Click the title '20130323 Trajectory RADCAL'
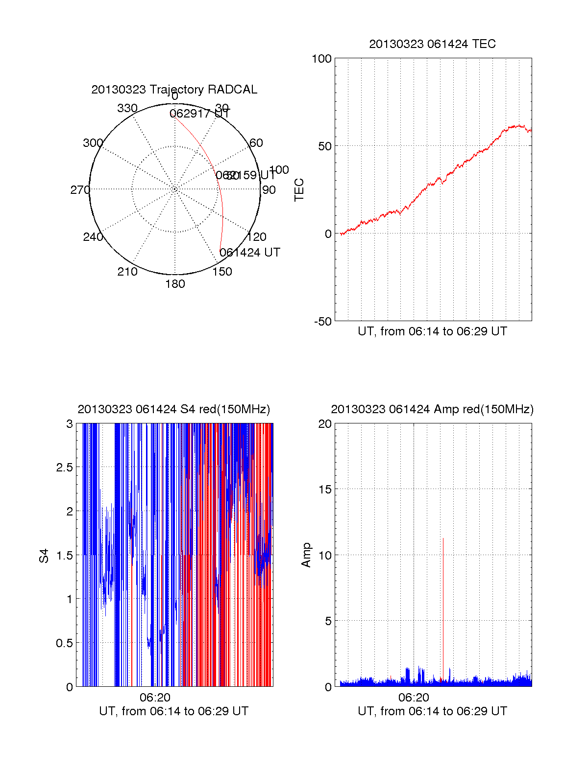(x=174, y=90)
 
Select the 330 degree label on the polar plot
(x=127, y=108)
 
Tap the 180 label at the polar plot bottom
(x=175, y=284)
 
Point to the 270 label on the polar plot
(x=80, y=190)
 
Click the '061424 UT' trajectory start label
(x=250, y=253)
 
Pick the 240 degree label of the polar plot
(x=93, y=237)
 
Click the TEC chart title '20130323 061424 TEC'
(x=432, y=44)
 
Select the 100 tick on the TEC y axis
(x=321, y=59)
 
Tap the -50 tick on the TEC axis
(x=323, y=322)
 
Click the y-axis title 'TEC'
(x=299, y=190)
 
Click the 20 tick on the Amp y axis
(x=325, y=424)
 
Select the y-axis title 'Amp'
(x=306, y=555)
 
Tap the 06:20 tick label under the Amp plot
(x=414, y=698)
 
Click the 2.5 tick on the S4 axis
(x=64, y=467)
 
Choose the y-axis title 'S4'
(x=44, y=556)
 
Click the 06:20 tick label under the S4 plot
(x=155, y=698)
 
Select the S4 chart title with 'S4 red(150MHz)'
(x=173, y=409)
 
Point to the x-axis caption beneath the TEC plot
(x=432, y=331)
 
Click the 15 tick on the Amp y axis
(x=325, y=490)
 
